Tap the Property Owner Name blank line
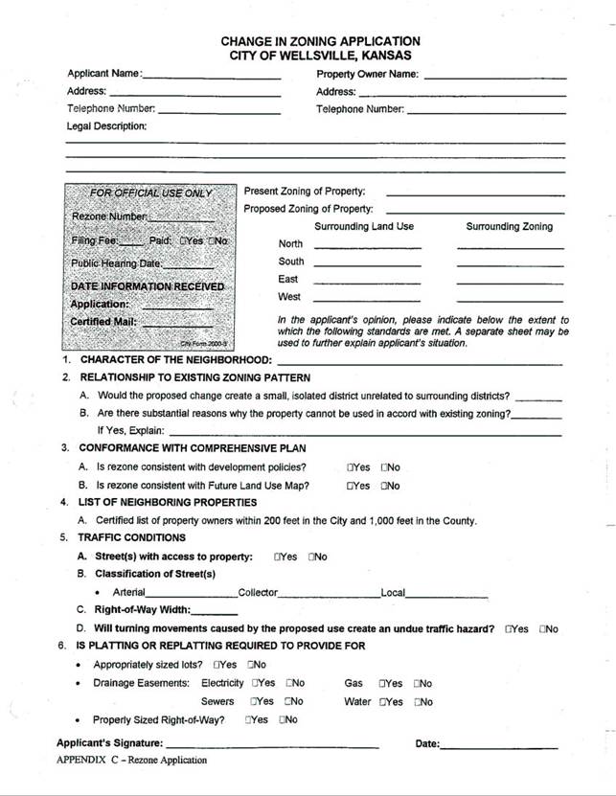[x=493, y=77]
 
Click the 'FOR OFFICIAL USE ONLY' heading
[x=150, y=193]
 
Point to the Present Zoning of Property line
[x=475, y=193]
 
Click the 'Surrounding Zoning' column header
[x=509, y=227]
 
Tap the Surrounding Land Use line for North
[x=367, y=247]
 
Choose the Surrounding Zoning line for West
[x=509, y=301]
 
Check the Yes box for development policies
[x=351, y=467]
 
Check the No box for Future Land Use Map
[x=384, y=486]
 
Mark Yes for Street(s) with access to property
[x=278, y=557]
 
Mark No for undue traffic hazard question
[x=542, y=629]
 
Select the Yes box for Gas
[x=383, y=684]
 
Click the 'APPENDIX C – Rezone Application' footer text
[x=131, y=761]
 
